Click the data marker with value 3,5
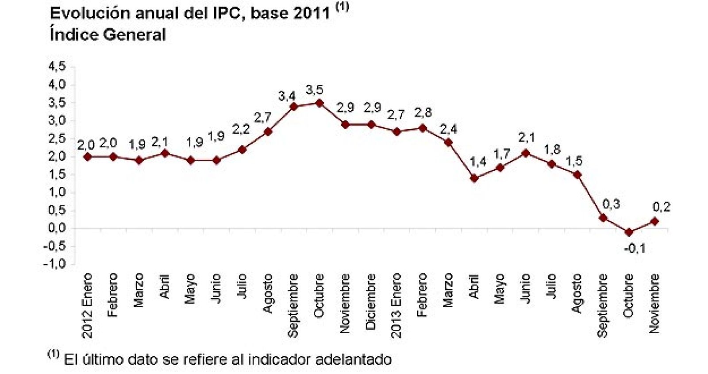(319, 103)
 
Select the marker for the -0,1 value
(629, 232)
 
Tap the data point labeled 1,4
(474, 178)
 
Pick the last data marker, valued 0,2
(655, 221)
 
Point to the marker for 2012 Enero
(88, 157)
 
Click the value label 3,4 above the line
(287, 96)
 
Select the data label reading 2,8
(423, 112)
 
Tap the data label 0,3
(611, 204)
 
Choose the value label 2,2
(241, 129)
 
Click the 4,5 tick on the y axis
(57, 66)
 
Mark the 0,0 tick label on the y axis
(57, 228)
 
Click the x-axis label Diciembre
(371, 301)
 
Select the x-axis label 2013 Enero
(396, 305)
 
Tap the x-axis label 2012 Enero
(87, 305)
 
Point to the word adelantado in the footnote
(353, 359)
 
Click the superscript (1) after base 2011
(342, 7)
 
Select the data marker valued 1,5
(577, 175)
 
